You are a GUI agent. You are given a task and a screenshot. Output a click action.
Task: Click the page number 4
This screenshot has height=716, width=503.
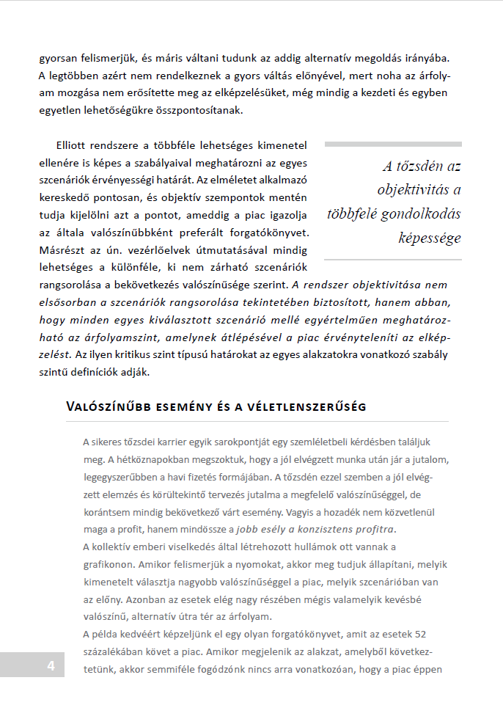(x=51, y=666)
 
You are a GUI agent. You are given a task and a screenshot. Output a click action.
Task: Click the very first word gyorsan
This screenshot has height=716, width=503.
(x=57, y=57)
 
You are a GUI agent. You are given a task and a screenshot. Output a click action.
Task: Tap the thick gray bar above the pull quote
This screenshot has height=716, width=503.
(x=393, y=145)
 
